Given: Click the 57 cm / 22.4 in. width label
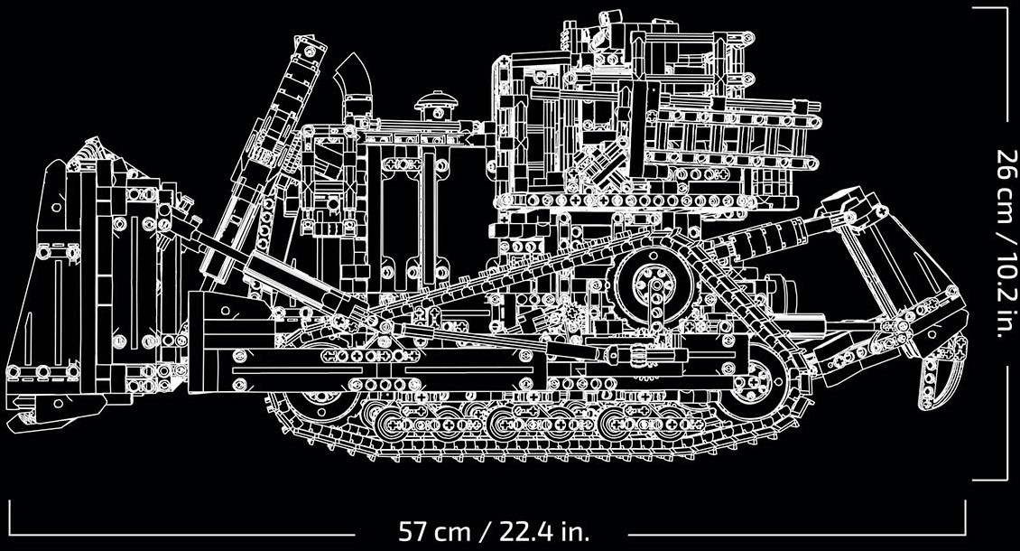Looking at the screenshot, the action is (x=494, y=532).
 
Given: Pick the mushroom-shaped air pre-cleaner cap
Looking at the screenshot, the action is (x=435, y=104).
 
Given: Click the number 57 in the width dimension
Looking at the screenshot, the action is (x=413, y=532).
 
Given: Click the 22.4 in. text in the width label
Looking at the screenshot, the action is (x=543, y=532).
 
